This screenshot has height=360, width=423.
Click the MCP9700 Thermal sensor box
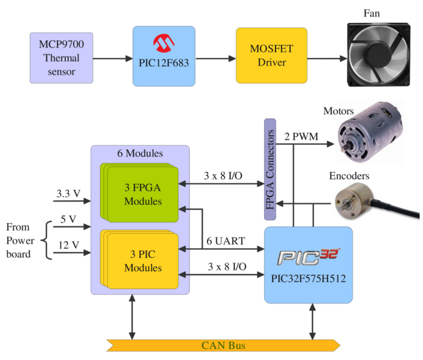[62, 58]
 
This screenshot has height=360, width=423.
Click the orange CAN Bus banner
[223, 345]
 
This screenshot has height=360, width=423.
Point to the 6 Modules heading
[140, 153]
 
